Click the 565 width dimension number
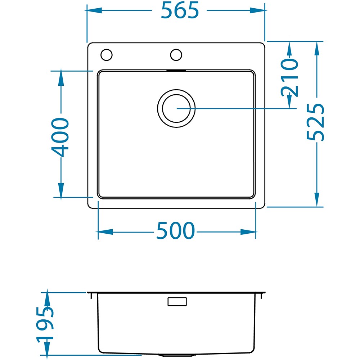click(x=180, y=10)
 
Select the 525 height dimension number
click(x=315, y=122)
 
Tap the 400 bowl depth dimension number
click(x=60, y=137)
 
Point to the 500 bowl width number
click(x=175, y=230)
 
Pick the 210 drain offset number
click(x=289, y=77)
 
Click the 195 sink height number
click(x=45, y=324)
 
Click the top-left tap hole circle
click(x=107, y=55)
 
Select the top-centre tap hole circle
click(x=176, y=55)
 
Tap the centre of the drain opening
click(x=176, y=108)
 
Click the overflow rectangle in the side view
click(x=177, y=301)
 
